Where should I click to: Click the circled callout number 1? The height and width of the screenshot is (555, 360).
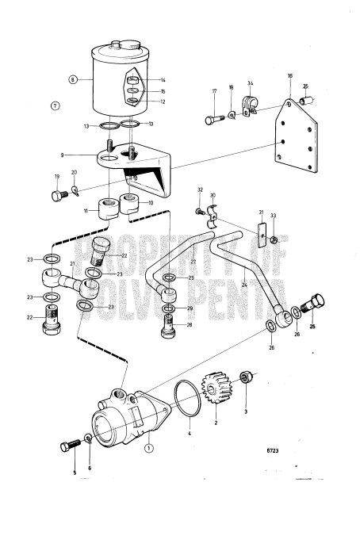148,447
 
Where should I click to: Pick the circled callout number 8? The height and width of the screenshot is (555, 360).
74,79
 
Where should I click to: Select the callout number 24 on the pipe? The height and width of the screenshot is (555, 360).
243,283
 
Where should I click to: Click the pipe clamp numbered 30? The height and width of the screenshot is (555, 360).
209,216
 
